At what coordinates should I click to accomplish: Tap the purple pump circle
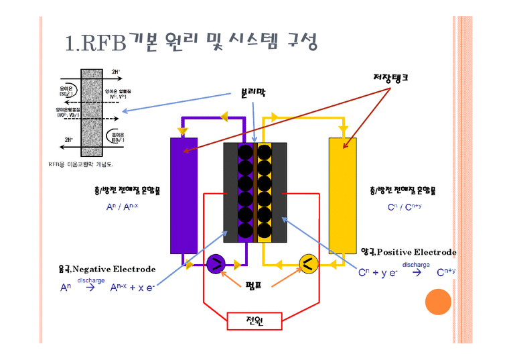tap(216, 264)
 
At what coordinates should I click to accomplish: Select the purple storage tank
tap(184, 194)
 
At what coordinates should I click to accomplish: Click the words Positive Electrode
tap(416, 252)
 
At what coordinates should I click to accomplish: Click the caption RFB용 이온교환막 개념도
tap(80, 164)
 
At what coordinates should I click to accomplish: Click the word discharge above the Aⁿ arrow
tap(91, 280)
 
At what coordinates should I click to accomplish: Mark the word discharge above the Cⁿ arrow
tap(416, 264)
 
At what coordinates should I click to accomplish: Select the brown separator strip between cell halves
tap(255, 193)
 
